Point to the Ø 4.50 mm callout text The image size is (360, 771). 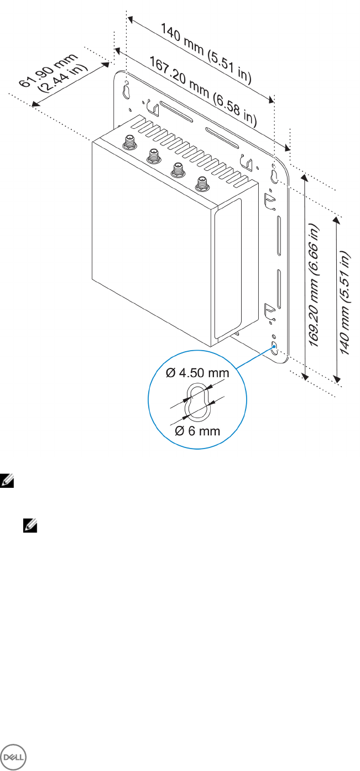[x=197, y=373]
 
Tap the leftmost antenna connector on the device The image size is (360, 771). [x=129, y=142]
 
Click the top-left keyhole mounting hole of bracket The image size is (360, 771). [x=126, y=89]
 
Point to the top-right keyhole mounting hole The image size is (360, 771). [x=275, y=175]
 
